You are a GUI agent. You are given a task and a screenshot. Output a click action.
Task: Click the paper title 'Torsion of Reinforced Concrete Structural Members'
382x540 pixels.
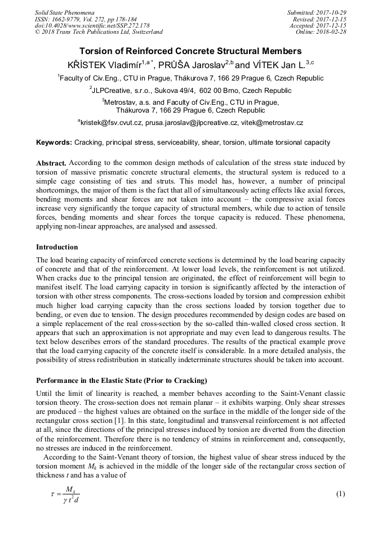(x=190, y=51)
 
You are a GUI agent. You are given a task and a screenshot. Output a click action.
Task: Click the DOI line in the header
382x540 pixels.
(x=92, y=25)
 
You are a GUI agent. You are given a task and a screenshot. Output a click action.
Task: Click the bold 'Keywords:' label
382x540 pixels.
(x=54, y=142)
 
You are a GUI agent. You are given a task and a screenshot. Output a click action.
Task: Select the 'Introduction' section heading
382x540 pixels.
(x=57, y=247)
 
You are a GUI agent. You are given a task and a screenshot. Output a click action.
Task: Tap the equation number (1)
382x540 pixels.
(x=340, y=494)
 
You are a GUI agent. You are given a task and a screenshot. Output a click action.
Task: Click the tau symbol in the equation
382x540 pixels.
(x=54, y=494)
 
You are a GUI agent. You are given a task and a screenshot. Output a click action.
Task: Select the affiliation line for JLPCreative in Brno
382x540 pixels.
(x=190, y=90)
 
